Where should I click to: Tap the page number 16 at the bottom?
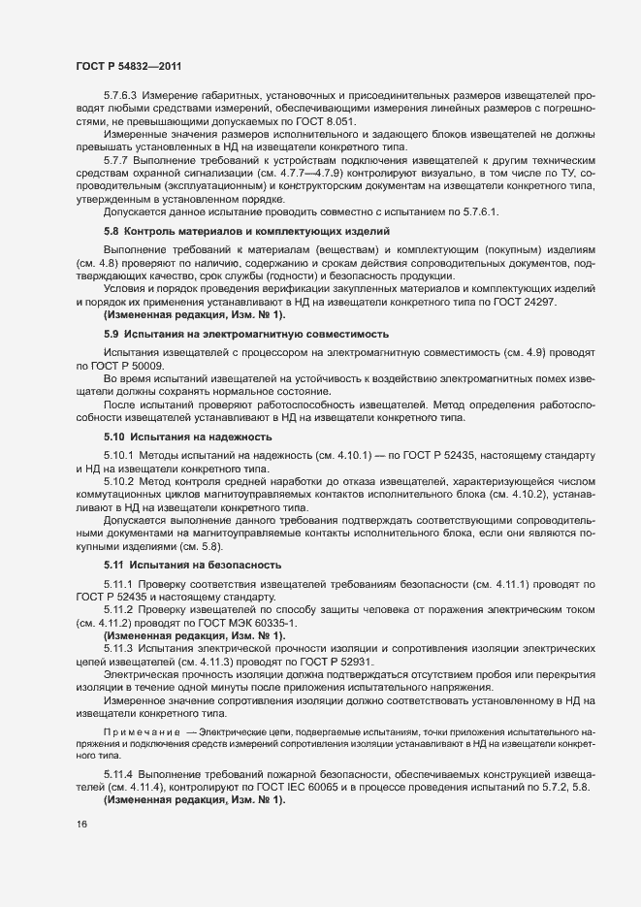81,825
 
